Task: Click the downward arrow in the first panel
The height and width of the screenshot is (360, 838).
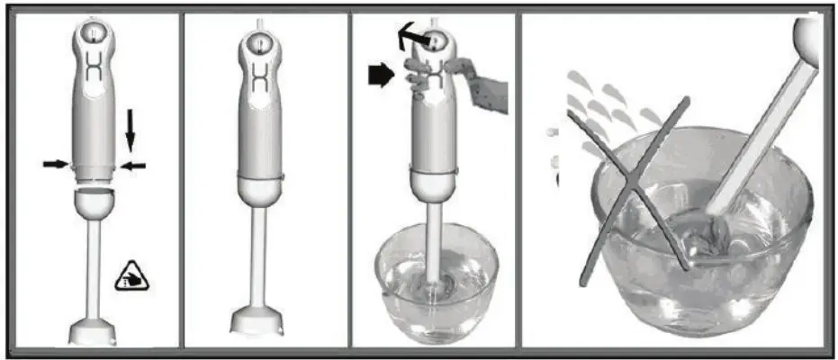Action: coord(130,129)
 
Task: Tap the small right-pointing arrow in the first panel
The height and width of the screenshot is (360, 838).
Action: coord(55,164)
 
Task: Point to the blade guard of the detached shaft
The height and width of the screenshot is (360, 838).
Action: coord(94,327)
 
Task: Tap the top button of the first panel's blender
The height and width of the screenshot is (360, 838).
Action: coord(94,33)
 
